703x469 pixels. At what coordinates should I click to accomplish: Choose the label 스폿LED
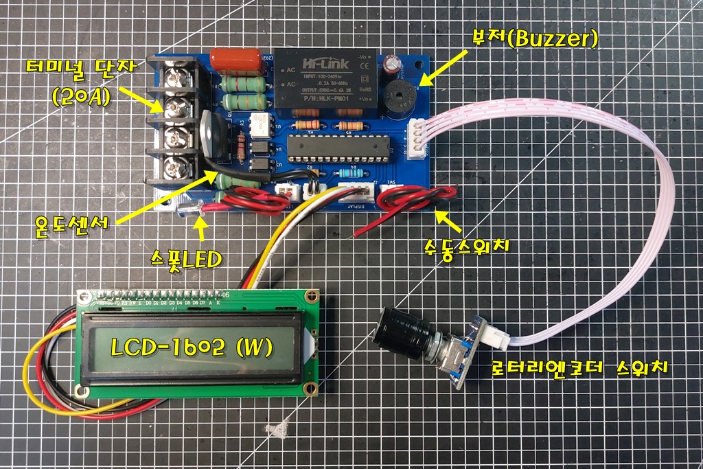tap(187, 260)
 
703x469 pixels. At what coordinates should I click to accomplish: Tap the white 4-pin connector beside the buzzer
tap(417, 139)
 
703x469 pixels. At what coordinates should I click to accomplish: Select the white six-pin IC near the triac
tap(262, 124)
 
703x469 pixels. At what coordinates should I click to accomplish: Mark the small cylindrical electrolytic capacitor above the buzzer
tap(393, 63)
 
